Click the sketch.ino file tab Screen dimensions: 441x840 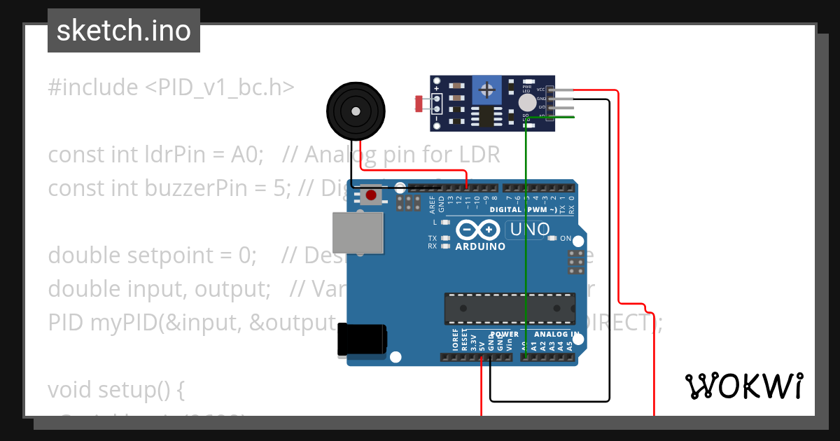pos(124,31)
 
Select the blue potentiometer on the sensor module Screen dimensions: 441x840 pos(486,89)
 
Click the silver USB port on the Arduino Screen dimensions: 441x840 pos(359,232)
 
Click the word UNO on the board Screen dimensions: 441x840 pos(530,229)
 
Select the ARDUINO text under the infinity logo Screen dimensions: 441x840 pos(480,246)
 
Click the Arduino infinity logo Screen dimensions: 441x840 pos(477,230)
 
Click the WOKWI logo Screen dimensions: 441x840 pos(743,386)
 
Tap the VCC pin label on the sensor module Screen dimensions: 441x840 pos(540,90)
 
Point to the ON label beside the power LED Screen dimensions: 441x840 pos(566,239)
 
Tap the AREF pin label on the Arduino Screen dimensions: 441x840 pos(433,204)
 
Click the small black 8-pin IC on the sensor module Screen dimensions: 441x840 pos(484,115)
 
